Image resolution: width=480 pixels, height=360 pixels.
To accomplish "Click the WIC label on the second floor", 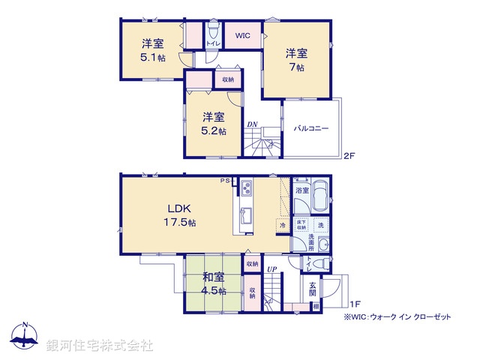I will [x=242, y=35].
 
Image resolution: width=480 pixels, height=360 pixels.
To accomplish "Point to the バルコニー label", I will [x=311, y=129].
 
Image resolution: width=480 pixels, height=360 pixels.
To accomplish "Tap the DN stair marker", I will [x=254, y=125].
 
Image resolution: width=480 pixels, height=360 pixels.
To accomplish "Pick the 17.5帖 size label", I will [x=181, y=223].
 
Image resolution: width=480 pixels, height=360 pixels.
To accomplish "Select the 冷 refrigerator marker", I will [x=283, y=225].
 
